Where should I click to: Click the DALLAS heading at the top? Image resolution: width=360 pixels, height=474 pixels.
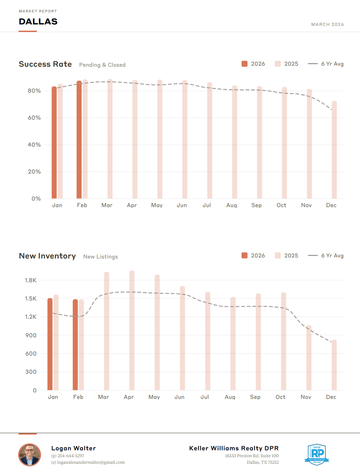click(x=38, y=22)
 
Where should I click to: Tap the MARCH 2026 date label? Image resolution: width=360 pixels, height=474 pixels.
click(x=327, y=24)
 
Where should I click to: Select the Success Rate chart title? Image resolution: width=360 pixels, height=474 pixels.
click(x=45, y=64)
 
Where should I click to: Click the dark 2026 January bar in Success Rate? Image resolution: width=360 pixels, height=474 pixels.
click(x=54, y=142)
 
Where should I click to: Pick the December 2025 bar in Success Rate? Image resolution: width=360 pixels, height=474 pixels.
click(x=334, y=149)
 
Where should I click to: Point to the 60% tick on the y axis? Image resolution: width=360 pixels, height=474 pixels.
click(x=34, y=118)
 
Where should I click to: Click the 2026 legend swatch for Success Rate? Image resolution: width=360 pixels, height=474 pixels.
click(x=244, y=64)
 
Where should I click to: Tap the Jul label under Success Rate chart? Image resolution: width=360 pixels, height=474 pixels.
click(x=207, y=205)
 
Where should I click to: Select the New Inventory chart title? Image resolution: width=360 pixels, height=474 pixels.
click(x=47, y=256)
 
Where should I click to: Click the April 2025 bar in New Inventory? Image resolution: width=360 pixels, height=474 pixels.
click(x=132, y=330)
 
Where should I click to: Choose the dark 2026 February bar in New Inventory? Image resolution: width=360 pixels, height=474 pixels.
click(x=75, y=345)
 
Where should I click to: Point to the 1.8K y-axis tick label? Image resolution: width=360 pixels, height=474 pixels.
click(x=31, y=280)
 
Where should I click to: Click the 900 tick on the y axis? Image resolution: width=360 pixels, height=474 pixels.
click(x=31, y=335)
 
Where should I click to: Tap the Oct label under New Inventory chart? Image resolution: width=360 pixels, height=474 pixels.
click(x=281, y=397)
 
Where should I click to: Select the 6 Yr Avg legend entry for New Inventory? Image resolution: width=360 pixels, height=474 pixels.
click(x=326, y=256)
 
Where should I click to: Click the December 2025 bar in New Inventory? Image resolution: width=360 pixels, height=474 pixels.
click(x=334, y=365)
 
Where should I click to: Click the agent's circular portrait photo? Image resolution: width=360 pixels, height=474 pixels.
click(x=30, y=455)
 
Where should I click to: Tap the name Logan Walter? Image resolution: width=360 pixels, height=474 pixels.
click(x=74, y=448)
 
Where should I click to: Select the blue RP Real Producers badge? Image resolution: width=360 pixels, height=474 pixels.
click(x=317, y=454)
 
